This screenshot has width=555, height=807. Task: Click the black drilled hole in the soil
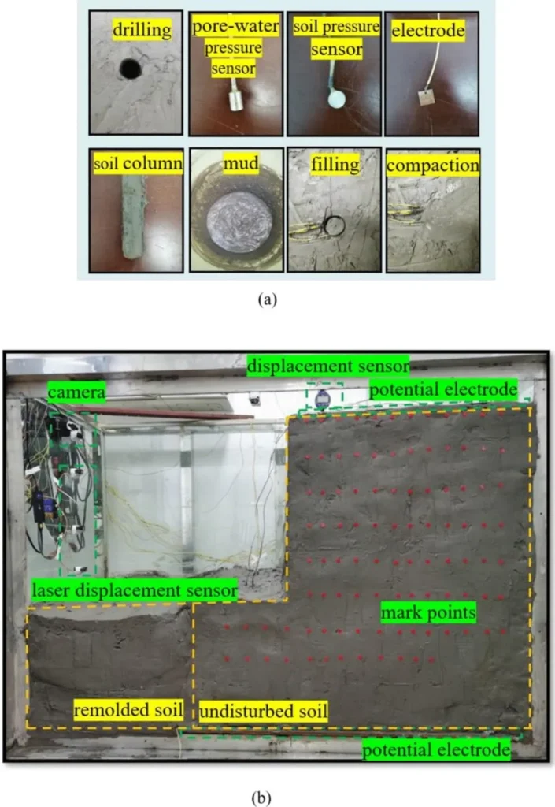pos(130,69)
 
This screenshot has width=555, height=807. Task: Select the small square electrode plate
pos(427,97)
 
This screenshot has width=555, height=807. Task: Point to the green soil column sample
pos(133,218)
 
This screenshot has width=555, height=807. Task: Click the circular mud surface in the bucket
pos(239,221)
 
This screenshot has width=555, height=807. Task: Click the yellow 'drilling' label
pos(142,30)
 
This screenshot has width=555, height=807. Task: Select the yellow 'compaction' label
pos(433,165)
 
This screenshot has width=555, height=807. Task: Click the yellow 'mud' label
pos(241,164)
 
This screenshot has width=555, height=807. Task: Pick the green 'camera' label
pos(76,392)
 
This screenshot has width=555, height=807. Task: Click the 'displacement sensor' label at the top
pos(328,366)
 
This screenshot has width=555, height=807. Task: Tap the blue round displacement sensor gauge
pos(322,398)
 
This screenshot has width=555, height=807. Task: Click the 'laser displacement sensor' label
pos(135,589)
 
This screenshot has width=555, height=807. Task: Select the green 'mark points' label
pos(428,612)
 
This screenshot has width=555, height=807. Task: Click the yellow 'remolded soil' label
pos(128,710)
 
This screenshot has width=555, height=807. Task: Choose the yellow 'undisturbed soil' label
pos(263,712)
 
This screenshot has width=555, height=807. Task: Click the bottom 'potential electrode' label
pos(436,750)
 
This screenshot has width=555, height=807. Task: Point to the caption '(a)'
pos(267,299)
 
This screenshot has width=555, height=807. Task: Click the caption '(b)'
pos(261,798)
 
